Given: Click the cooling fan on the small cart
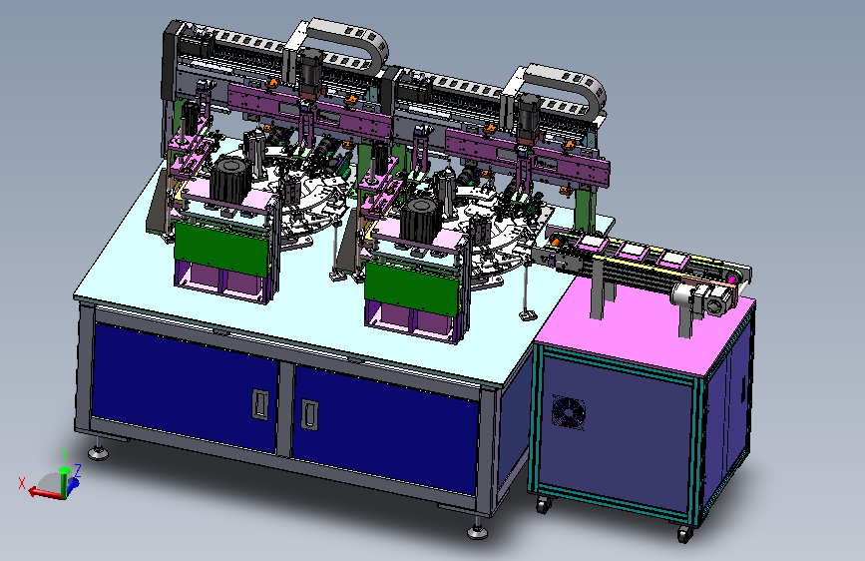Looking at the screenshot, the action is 569,412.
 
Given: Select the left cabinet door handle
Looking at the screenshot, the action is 260,404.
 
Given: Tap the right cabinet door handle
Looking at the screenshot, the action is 309,414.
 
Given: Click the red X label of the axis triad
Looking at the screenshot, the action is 22,483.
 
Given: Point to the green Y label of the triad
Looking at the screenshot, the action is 65,455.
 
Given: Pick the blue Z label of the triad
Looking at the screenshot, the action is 78,470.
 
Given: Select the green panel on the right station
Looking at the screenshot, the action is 412,288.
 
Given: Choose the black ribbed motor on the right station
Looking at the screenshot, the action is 421,221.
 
